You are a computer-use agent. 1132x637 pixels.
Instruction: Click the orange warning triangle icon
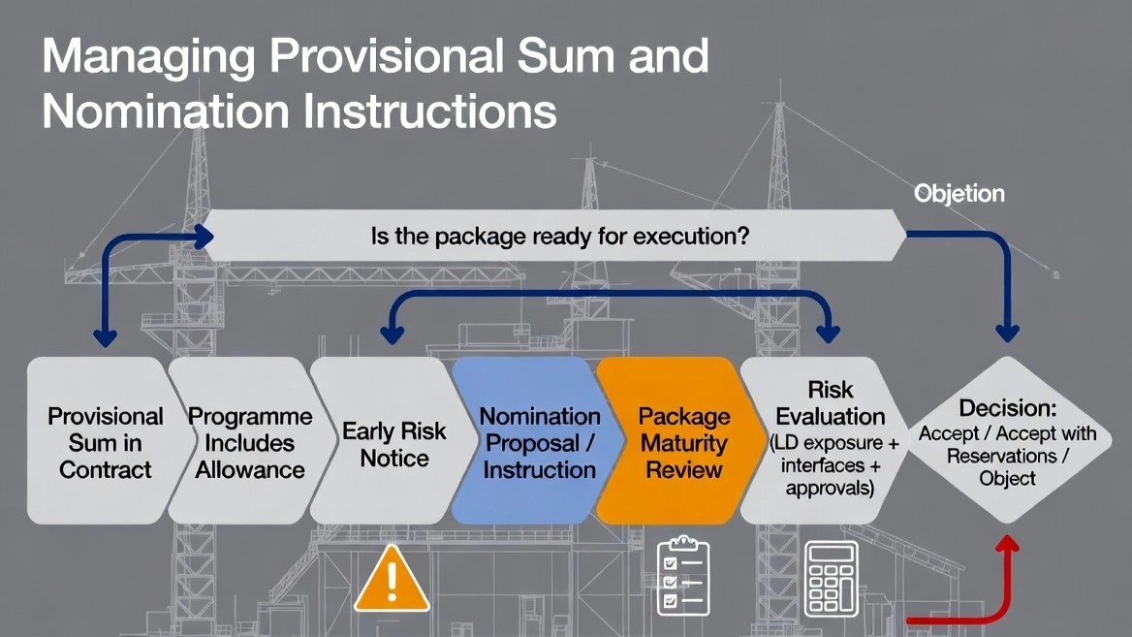coord(392,580)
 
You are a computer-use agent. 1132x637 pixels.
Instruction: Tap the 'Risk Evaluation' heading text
coord(832,402)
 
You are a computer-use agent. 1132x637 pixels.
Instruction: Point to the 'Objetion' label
coord(959,194)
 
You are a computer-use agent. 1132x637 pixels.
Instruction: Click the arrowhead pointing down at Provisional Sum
coord(104,336)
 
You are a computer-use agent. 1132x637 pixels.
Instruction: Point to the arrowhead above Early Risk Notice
coord(393,334)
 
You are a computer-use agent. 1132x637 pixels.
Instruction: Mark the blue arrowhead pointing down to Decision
coord(1008,332)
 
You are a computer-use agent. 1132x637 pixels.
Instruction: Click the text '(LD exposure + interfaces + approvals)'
coord(830,465)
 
